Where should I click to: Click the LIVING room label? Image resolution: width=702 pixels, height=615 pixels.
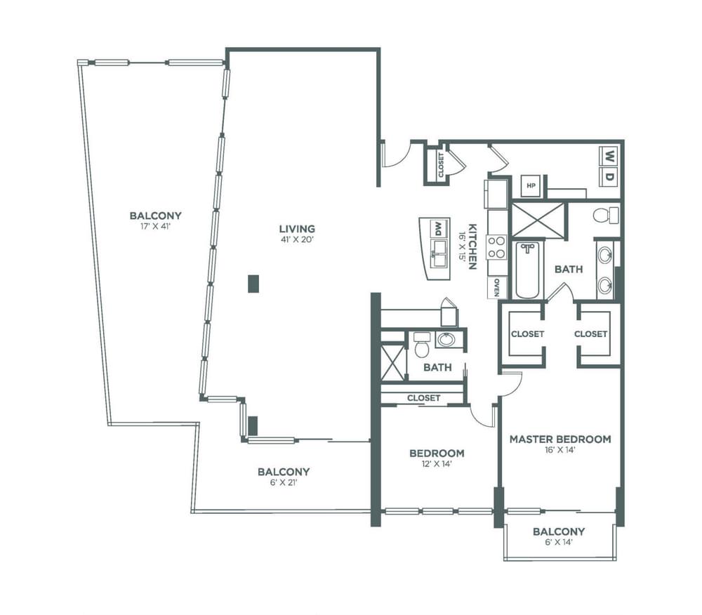[x=297, y=229]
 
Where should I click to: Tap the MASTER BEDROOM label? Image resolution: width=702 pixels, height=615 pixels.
[x=560, y=439]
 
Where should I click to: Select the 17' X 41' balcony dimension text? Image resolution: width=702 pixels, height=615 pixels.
[x=155, y=227]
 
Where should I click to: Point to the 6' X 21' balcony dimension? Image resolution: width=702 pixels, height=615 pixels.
[x=284, y=482]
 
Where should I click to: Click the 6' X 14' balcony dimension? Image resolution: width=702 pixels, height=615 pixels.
[x=559, y=543]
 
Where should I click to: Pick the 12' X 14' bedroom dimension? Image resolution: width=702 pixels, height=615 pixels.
[x=437, y=464]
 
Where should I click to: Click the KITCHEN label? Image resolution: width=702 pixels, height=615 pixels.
[x=472, y=246]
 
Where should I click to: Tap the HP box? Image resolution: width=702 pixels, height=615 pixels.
[x=531, y=186]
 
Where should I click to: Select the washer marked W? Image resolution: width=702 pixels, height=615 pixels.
[x=609, y=157]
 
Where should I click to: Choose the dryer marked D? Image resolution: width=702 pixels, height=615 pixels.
[x=609, y=177]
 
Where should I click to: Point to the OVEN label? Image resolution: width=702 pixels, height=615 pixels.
[x=496, y=288]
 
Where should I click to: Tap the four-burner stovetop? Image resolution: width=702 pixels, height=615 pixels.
[x=496, y=248]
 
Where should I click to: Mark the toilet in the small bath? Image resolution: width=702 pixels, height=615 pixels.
[x=421, y=345]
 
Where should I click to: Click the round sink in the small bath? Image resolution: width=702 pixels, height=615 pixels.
[x=446, y=340]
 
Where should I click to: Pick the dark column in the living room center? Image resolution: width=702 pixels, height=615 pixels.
[x=254, y=284]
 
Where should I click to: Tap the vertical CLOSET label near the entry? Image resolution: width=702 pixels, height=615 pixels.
[x=441, y=165]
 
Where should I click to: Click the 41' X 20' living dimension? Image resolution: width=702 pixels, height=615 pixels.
[x=297, y=239]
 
